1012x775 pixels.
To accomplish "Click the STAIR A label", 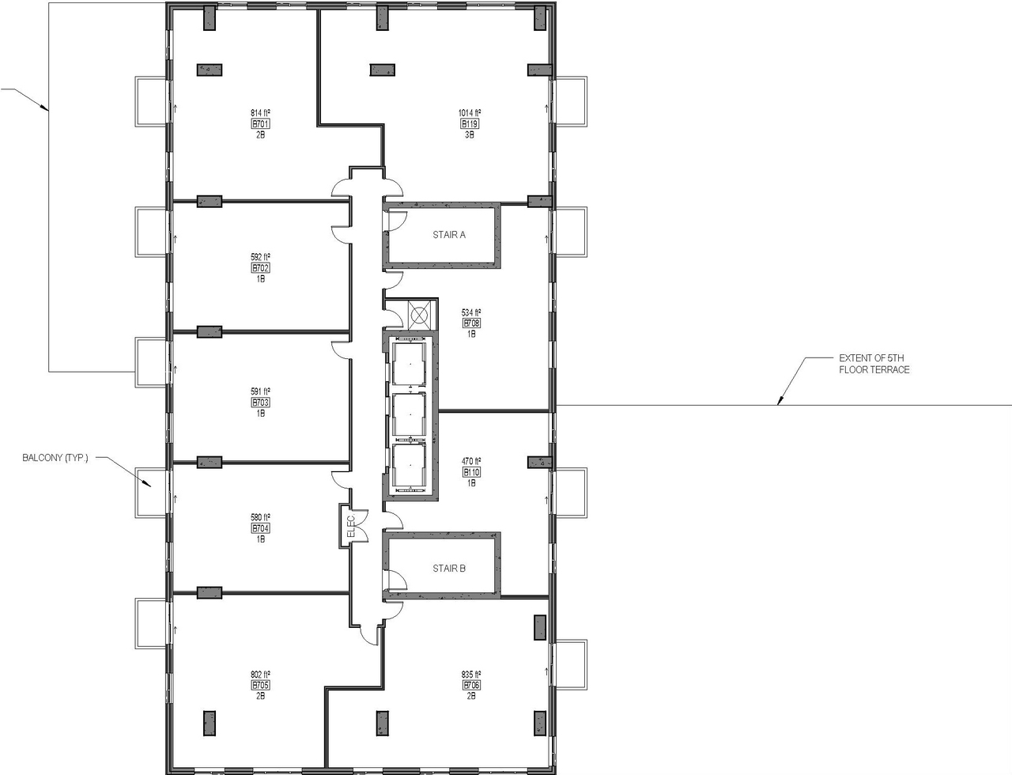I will point(448,235).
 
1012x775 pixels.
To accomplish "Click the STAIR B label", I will point(448,569).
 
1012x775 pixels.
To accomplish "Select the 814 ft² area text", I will point(261,113).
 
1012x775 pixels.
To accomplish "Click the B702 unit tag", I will point(261,268).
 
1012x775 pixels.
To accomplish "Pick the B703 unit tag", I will point(261,403).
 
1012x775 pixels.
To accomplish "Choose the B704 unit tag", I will point(261,528).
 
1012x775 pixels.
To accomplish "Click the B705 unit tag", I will point(261,686).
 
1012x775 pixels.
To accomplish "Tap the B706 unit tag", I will point(471,686).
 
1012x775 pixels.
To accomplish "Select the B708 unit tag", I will point(471,323).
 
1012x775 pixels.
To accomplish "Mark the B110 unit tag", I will point(471,473).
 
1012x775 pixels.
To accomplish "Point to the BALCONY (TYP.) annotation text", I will point(55,458).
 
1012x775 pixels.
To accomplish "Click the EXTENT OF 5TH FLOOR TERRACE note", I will point(874,364).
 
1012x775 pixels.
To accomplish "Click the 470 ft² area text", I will point(471,462).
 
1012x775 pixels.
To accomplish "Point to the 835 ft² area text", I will point(471,675).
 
